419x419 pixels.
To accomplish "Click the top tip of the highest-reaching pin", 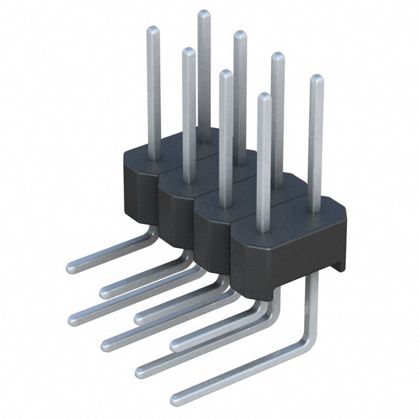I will (x=204, y=14).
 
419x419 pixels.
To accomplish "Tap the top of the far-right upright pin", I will (x=316, y=79).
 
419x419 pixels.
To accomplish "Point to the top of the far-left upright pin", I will (x=153, y=30).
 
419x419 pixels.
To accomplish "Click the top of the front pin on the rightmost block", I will (x=264, y=98).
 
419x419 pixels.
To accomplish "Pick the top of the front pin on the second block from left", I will (x=189, y=52).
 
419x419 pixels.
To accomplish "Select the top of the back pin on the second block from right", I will (x=278, y=56).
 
